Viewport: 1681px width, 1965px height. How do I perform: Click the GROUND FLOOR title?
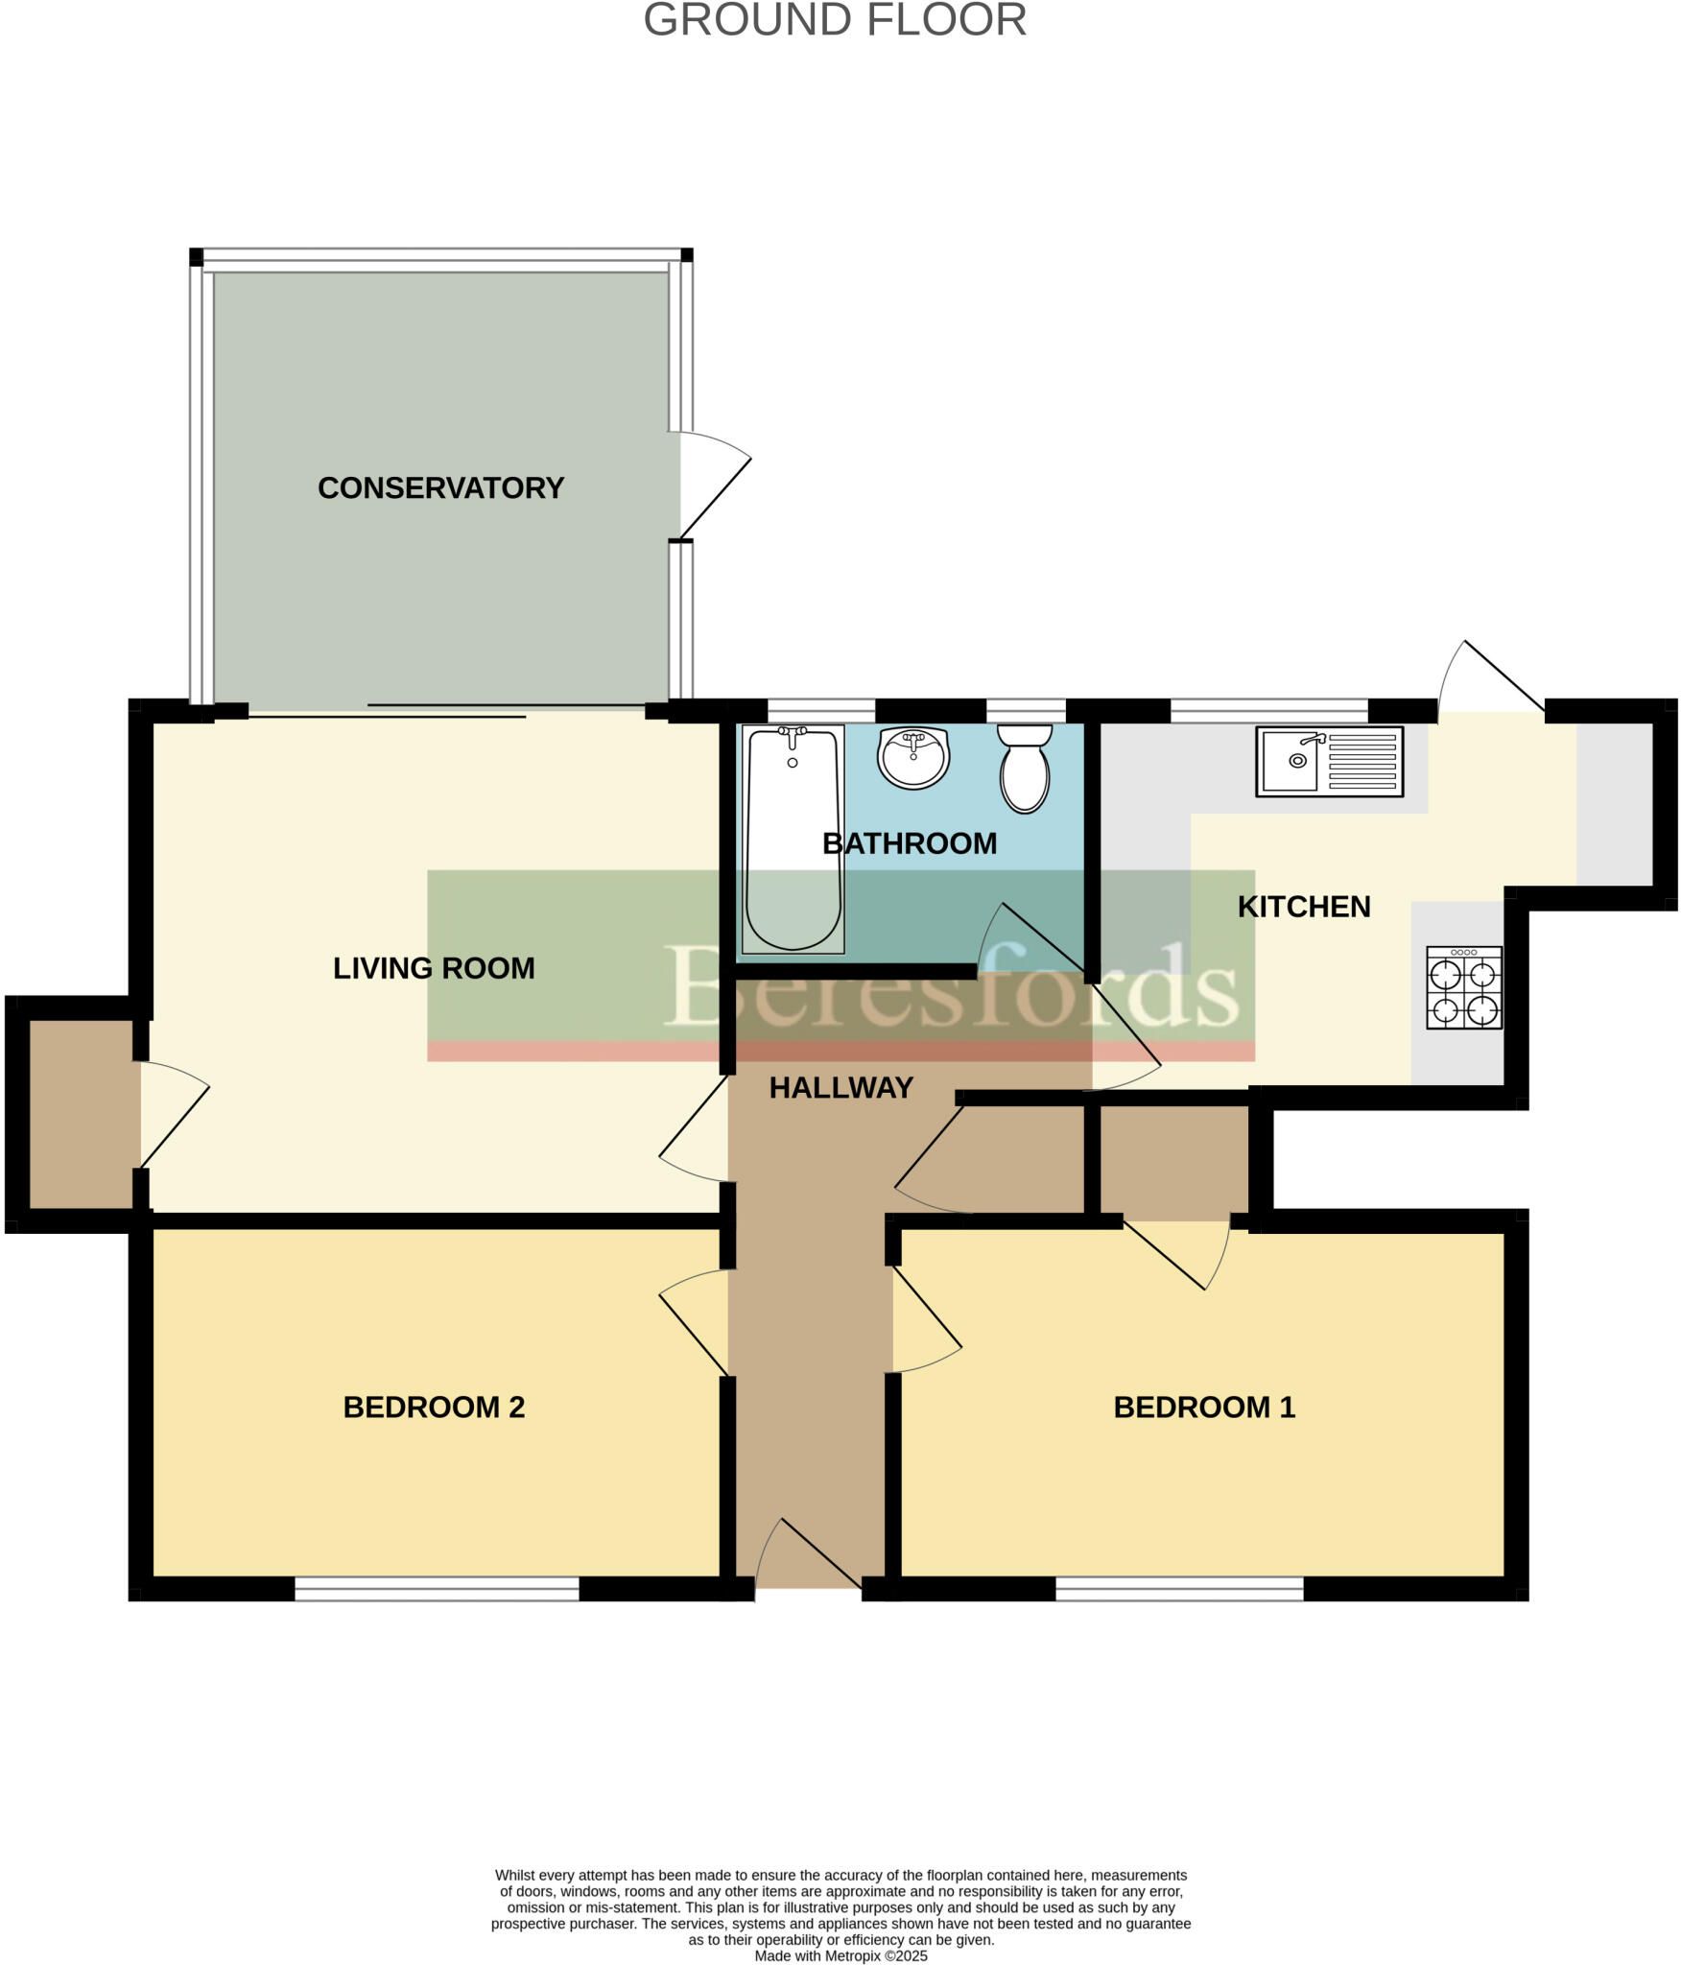click(835, 20)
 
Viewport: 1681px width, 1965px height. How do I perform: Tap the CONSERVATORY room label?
click(440, 487)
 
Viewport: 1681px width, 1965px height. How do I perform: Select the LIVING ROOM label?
click(434, 968)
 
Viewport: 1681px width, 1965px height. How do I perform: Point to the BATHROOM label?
click(910, 843)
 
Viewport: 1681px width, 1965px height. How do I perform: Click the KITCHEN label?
click(1304, 907)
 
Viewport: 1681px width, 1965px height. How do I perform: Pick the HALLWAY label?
click(840, 1087)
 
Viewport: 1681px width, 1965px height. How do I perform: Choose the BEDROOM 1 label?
click(1204, 1407)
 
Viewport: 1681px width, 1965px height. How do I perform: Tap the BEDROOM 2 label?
click(434, 1407)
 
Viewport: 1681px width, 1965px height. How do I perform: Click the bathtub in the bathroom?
click(793, 840)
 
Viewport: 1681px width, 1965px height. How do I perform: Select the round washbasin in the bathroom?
click(913, 758)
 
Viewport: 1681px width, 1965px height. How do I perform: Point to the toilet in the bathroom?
click(1025, 769)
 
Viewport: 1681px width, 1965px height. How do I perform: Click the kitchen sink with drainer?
click(1330, 762)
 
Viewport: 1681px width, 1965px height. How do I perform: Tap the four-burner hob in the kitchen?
click(1464, 987)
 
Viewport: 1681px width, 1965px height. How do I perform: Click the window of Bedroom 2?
click(437, 1590)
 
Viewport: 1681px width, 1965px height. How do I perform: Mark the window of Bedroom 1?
click(1179, 1590)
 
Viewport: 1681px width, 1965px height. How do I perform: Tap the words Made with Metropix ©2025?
click(840, 1955)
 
